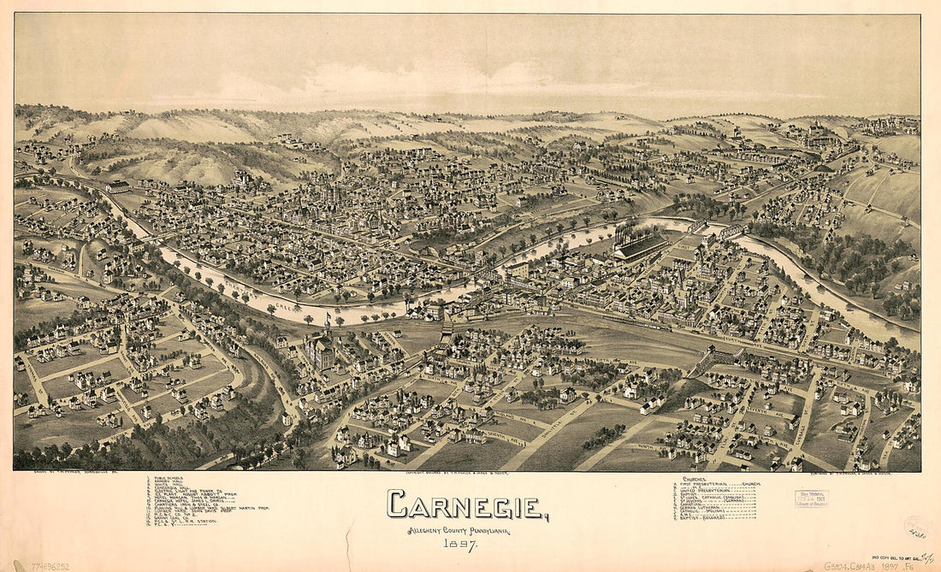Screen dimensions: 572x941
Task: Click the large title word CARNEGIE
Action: click(x=466, y=505)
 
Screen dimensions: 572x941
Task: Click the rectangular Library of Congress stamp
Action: click(x=811, y=498)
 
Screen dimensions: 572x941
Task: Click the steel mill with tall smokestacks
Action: click(x=637, y=244)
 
